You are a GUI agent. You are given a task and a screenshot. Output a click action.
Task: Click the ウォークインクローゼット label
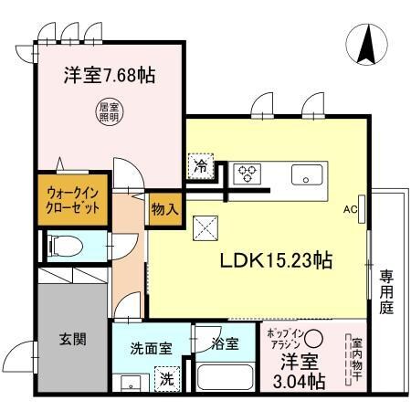point(71,198)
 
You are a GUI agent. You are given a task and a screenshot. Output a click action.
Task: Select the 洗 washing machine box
point(167,377)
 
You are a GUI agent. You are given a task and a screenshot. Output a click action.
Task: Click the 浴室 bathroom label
point(225,344)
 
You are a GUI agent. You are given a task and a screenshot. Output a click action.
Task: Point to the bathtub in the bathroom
point(226,376)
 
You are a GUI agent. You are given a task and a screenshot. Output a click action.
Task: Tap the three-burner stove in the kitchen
point(248,172)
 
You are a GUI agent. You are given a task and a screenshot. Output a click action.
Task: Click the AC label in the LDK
point(348,209)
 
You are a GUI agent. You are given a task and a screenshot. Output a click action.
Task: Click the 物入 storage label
point(163,208)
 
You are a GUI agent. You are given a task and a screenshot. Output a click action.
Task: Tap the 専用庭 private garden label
point(387,290)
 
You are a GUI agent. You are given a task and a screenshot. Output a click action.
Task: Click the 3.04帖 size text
point(297,381)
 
